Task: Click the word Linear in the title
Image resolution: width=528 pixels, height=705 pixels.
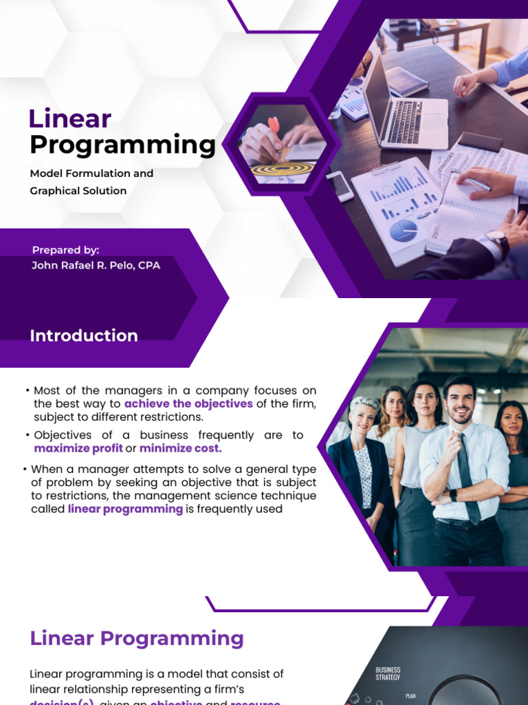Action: pos(69,119)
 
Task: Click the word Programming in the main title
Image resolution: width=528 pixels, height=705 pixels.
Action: pos(122,145)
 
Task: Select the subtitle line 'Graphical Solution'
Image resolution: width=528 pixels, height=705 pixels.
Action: pos(78,191)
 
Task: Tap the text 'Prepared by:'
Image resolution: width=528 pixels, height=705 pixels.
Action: pos(65,250)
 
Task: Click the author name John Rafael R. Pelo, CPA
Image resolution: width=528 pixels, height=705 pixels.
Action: pos(96,265)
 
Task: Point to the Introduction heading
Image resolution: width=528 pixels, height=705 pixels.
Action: pos(83,336)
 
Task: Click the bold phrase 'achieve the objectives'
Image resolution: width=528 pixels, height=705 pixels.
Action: pos(188,403)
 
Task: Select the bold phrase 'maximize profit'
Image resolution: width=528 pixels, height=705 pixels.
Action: pos(78,448)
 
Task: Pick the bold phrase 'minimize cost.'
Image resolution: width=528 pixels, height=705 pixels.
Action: pos(181,448)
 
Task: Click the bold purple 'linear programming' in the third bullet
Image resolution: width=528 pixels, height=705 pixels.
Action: pos(125,509)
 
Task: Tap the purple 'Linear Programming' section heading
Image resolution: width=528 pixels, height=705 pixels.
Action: pos(137,638)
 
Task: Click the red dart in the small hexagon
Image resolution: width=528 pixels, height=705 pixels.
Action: pos(274,127)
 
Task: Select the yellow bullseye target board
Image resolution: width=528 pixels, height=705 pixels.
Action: pos(283,167)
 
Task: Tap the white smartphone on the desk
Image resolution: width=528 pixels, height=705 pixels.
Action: pos(340,185)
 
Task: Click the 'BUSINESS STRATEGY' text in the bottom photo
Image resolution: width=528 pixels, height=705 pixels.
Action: pos(388,673)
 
